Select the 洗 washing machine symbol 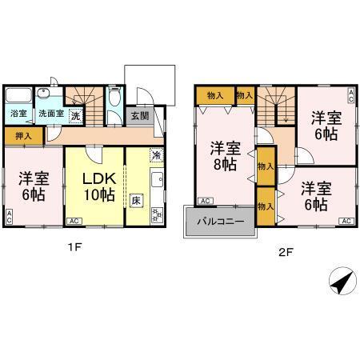[74, 115]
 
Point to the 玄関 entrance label [139, 116]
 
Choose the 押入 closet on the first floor [24, 137]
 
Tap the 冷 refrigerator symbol [157, 154]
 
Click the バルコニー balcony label [218, 222]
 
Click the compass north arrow [342, 282]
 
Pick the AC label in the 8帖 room [205, 200]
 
